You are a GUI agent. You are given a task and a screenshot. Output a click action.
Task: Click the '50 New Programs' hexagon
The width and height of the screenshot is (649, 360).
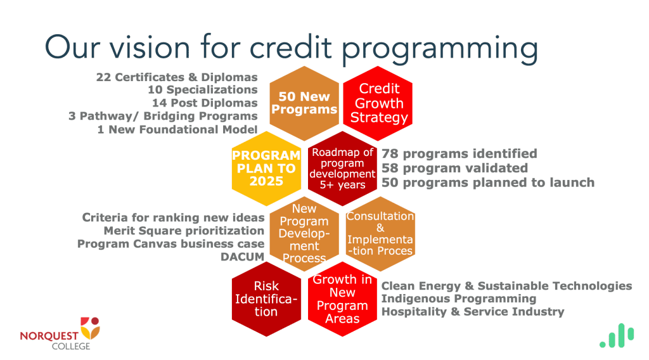304,103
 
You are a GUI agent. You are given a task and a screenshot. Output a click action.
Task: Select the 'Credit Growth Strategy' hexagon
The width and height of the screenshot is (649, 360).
378,103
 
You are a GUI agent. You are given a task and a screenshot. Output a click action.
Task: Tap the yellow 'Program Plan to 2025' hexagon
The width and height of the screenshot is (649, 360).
266,169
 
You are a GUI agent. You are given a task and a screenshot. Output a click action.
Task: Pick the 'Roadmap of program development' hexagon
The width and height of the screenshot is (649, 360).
342,169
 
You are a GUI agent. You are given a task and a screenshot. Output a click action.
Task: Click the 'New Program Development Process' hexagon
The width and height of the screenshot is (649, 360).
304,234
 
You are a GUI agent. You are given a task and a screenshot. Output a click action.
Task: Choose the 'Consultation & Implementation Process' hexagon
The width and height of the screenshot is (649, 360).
380,234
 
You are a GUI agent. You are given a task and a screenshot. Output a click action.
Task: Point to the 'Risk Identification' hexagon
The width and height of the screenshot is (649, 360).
266,299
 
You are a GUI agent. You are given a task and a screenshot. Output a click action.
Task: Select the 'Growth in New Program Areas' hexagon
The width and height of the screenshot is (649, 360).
342,299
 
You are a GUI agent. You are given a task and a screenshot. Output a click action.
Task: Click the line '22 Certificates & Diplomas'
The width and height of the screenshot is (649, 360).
177,77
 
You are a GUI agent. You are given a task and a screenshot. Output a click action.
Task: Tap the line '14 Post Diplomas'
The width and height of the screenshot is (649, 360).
205,103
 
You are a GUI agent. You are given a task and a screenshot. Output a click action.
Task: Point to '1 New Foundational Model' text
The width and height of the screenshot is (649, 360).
177,129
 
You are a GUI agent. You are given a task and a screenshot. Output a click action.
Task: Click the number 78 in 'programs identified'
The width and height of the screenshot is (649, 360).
390,153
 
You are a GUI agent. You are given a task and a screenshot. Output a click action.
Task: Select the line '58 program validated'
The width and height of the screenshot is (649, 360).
454,168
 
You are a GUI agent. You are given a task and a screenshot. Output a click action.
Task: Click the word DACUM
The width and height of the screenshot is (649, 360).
242,257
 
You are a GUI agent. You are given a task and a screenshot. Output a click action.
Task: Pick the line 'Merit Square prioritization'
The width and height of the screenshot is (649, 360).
184,231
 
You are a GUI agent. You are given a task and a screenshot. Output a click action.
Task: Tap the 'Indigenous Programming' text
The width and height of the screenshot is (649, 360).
459,299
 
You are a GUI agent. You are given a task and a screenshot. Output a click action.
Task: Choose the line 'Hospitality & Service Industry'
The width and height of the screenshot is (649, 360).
473,312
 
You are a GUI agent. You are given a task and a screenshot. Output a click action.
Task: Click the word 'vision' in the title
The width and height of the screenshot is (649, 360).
150,47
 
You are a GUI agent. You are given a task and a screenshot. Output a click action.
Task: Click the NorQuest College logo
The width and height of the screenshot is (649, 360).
60,333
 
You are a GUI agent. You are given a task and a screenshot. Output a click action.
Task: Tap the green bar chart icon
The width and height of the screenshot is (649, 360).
617,335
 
